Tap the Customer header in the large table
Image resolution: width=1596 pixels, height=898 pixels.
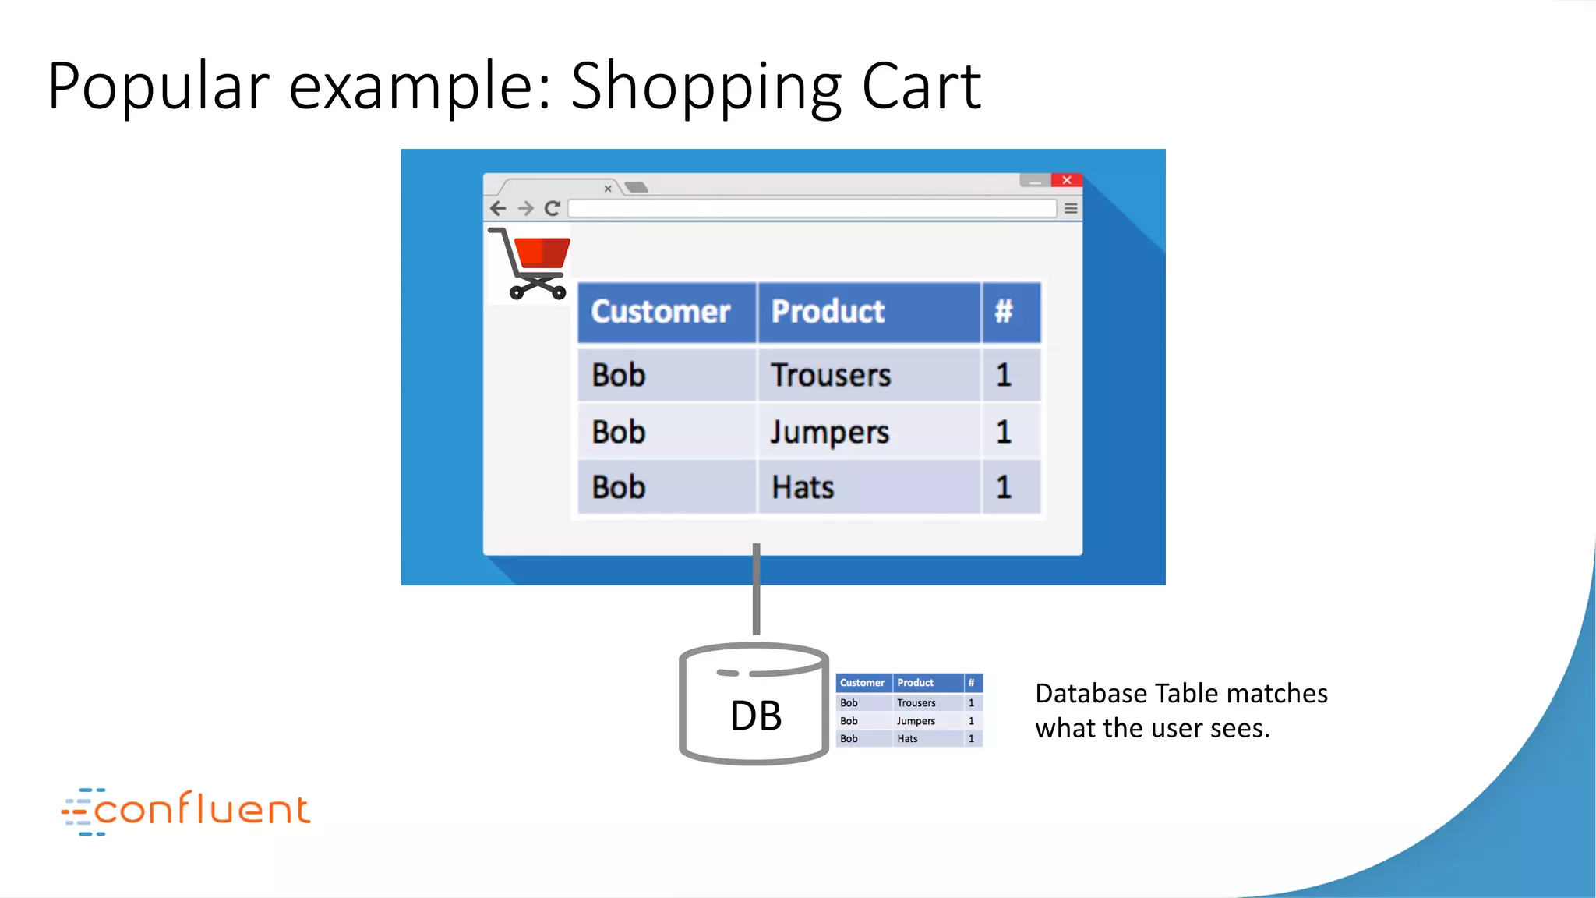click(x=661, y=312)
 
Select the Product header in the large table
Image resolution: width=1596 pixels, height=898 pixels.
click(x=828, y=312)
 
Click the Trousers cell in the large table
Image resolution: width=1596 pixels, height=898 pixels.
click(x=831, y=376)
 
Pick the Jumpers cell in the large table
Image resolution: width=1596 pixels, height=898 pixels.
click(x=829, y=433)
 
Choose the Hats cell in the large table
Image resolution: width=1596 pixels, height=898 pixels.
click(x=803, y=488)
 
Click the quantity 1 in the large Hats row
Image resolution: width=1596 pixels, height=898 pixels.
click(x=1004, y=488)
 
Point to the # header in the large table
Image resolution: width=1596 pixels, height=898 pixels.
click(x=1004, y=312)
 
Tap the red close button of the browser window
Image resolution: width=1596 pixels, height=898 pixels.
click(x=1066, y=180)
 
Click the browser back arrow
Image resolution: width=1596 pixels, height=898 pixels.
click(x=499, y=208)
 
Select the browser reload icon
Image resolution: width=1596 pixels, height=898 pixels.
click(x=553, y=208)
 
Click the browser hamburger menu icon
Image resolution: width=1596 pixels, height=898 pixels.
click(x=1071, y=208)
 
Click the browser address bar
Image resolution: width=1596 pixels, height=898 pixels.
click(x=810, y=208)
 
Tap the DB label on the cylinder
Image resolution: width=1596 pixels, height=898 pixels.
click(x=755, y=716)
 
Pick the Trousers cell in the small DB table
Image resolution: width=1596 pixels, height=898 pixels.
click(x=916, y=703)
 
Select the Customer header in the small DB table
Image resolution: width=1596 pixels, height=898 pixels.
click(x=862, y=683)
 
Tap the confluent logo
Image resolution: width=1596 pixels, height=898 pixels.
click(x=187, y=810)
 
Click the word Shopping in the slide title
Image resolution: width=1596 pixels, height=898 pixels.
click(x=706, y=87)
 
